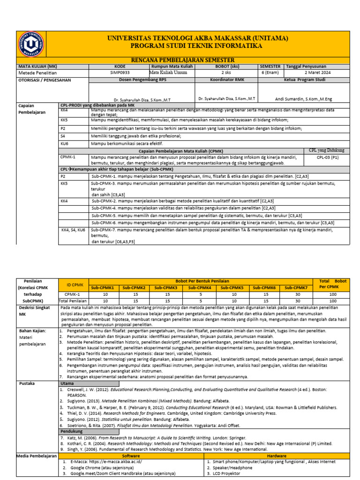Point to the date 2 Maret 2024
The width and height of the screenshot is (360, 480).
coord(317,73)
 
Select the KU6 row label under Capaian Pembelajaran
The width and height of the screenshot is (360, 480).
coord(65,143)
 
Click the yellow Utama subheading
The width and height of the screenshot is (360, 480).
coord(67,383)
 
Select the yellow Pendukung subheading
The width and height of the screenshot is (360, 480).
coord(72,431)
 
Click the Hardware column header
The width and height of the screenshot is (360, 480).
coord(277,455)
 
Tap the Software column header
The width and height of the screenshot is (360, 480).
coord(131,455)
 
